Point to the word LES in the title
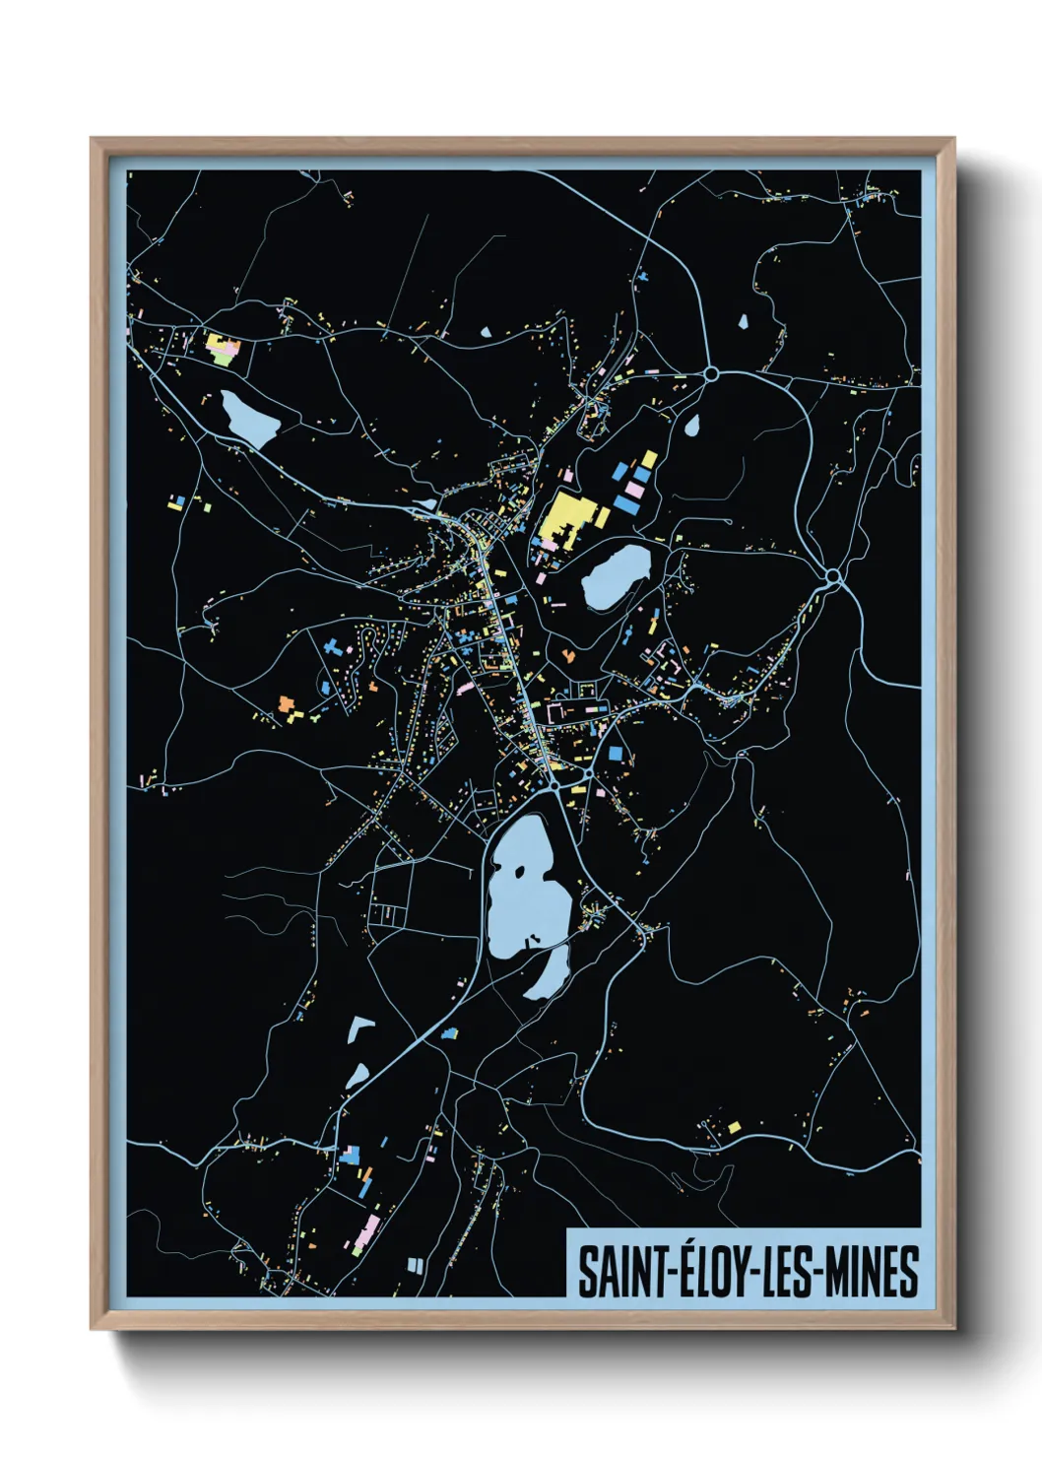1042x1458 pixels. click(x=787, y=1271)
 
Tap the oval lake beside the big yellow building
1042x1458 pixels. click(x=616, y=577)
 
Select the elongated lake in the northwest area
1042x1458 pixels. click(x=248, y=418)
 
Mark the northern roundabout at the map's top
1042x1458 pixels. click(x=711, y=373)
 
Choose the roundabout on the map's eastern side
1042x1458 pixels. click(x=833, y=575)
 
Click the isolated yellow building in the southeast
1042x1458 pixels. click(x=734, y=1127)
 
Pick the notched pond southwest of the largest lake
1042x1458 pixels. click(x=359, y=1030)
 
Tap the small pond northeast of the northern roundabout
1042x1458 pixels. click(x=743, y=320)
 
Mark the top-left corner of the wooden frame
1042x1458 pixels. click(x=92, y=139)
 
